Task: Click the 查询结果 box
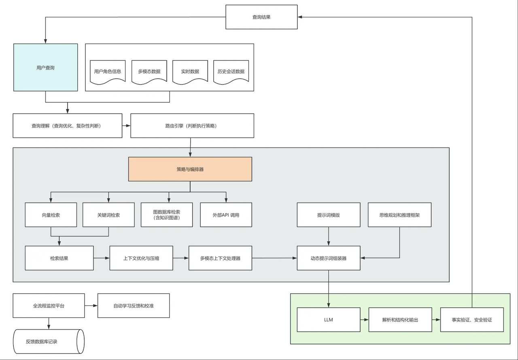point(261,17)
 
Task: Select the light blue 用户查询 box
point(45,68)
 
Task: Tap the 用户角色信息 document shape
point(108,72)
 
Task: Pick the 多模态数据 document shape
point(149,72)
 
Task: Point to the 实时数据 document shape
point(190,72)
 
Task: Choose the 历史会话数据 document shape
point(231,72)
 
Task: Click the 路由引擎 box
point(192,126)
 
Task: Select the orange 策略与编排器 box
point(190,169)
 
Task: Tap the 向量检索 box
point(51,215)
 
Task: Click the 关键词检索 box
point(108,215)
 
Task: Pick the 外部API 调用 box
point(226,215)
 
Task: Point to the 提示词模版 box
point(329,215)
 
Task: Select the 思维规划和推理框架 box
point(399,215)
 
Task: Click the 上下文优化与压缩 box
point(141,258)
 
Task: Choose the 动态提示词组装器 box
point(329,258)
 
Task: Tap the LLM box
point(329,320)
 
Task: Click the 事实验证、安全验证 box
point(472,320)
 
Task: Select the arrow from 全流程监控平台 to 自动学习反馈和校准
point(91,306)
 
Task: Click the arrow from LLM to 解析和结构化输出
point(364,320)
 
